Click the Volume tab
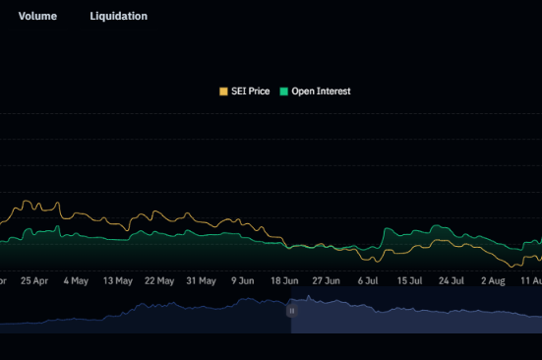[x=37, y=17]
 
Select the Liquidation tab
[x=118, y=17]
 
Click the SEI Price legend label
[x=250, y=91]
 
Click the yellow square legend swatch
[x=223, y=91]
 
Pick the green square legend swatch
[x=284, y=91]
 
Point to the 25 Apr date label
[x=33, y=280]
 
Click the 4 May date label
[x=76, y=280]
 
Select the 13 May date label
[x=117, y=280]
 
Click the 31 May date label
[x=201, y=280]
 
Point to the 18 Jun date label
[x=285, y=280]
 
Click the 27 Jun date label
[x=327, y=280]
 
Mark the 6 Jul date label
[x=369, y=280]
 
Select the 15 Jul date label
[x=409, y=280]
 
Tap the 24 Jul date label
[x=452, y=280]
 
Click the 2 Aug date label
[x=493, y=280]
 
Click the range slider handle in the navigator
[x=291, y=310]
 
